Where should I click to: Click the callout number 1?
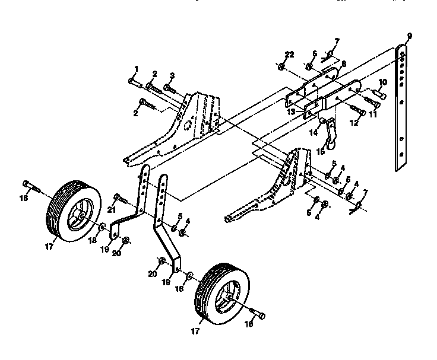pyautogui.click(x=136, y=69)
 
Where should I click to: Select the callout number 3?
pyautogui.click(x=172, y=75)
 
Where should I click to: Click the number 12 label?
pyautogui.click(x=356, y=123)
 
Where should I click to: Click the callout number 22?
pyautogui.click(x=289, y=55)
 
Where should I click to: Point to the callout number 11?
pyautogui.click(x=373, y=115)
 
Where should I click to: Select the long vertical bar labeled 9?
pyautogui.click(x=403, y=107)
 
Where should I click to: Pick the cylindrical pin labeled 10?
pyautogui.click(x=379, y=94)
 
